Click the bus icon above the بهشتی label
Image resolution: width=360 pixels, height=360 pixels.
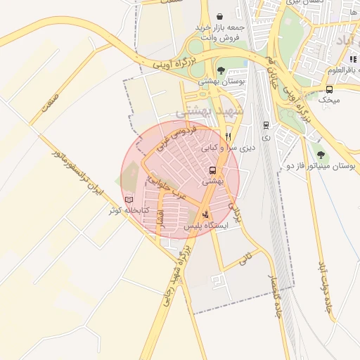point(212,170)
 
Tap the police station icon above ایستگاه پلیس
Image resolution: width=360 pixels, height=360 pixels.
point(205,214)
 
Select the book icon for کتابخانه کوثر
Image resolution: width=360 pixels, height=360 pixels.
point(129,200)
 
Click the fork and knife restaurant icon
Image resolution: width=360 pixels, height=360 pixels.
point(228,136)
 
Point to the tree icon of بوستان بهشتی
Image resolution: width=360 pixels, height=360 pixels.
point(221,70)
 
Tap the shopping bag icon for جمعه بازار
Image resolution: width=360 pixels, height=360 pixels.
point(220,15)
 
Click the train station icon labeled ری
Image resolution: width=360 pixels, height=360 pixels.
point(265,124)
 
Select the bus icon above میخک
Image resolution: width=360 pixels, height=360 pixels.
point(329,89)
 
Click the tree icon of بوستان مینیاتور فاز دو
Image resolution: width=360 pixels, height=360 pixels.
point(321,154)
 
